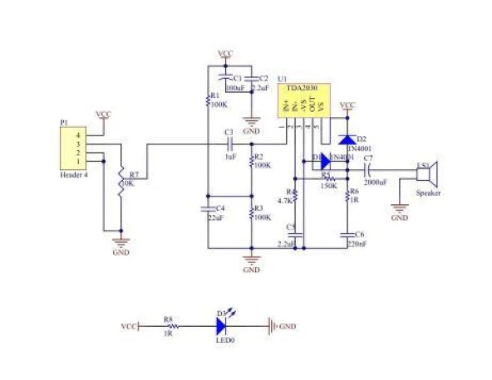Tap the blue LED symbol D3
click(222, 327)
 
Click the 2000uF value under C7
click(375, 181)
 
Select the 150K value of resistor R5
click(328, 186)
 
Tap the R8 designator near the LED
click(168, 318)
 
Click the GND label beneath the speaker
click(399, 218)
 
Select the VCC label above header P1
click(103, 114)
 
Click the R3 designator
click(258, 207)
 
